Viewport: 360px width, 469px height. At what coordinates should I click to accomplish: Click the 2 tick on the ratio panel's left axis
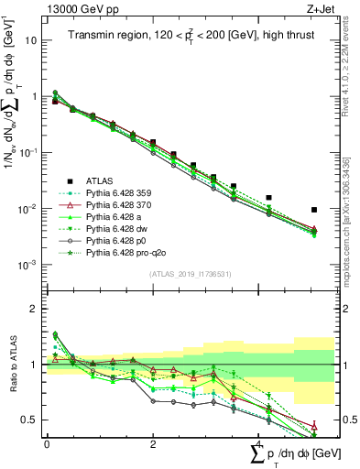[35, 309]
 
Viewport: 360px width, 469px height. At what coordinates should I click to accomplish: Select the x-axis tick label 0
[47, 443]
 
